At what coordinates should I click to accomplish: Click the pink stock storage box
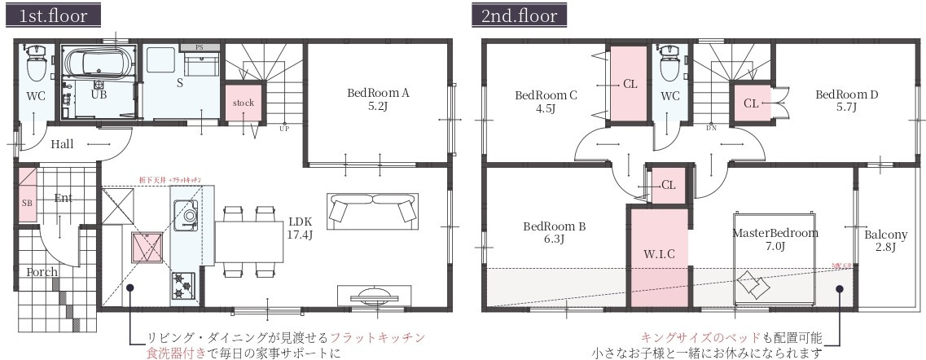[x=244, y=103]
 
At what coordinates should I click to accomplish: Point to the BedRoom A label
[x=378, y=99]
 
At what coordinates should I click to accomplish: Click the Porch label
[x=41, y=271]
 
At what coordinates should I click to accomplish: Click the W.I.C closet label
[x=659, y=255]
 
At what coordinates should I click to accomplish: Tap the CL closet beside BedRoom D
[x=751, y=103]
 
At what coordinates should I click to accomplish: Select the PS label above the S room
[x=199, y=48]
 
